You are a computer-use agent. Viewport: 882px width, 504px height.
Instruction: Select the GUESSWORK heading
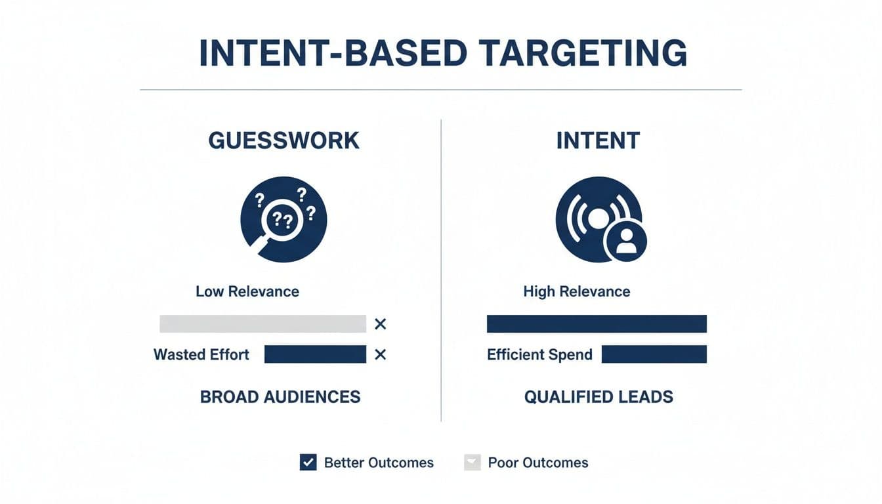pos(283,140)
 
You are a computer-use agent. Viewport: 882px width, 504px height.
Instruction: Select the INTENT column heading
pos(598,140)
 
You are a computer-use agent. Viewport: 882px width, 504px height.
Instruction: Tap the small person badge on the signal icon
pos(625,241)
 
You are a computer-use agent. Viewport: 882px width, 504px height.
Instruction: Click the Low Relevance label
pos(247,291)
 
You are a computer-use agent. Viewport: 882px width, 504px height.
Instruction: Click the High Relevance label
pos(577,291)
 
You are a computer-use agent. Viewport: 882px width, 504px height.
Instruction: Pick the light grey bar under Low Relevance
pos(262,324)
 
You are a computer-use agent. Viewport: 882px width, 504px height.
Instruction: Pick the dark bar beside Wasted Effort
pos(315,354)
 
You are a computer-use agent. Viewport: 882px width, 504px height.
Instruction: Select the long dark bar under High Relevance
pos(597,324)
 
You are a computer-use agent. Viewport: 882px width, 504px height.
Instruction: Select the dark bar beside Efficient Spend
pos(654,354)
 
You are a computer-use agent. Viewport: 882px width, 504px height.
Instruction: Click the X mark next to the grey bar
pos(380,324)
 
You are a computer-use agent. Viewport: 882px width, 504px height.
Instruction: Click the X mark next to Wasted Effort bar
pos(380,355)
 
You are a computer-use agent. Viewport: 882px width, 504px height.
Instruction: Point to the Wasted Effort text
pos(201,355)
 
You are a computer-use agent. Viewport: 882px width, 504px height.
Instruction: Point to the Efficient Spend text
pos(539,355)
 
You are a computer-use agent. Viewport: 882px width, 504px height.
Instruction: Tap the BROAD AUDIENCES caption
pos(280,396)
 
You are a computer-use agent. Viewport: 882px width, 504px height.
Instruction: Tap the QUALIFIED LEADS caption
pos(598,396)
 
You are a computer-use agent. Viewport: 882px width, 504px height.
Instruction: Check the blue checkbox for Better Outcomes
pos(308,462)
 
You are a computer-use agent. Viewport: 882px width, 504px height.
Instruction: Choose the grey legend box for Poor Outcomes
pos(472,462)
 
